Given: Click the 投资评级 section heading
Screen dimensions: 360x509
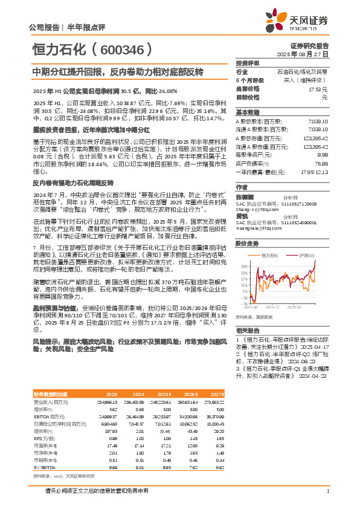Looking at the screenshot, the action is point(248,63).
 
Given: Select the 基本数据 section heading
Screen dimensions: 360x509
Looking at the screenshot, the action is point(248,112).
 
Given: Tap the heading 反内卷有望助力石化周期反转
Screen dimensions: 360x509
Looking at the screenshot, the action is point(73,182).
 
